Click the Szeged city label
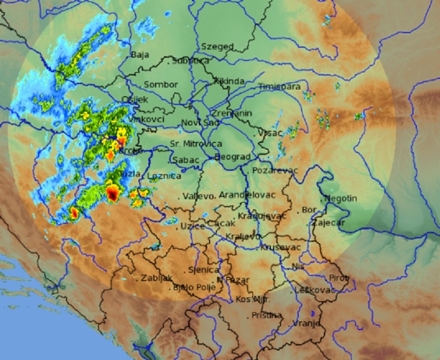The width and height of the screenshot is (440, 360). point(217,47)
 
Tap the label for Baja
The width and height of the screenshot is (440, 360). point(140,54)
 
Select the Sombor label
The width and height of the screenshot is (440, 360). point(160,84)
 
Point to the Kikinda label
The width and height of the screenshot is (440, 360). point(229,81)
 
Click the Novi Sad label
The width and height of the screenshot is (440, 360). point(200,122)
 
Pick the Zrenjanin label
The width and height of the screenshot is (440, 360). point(231,113)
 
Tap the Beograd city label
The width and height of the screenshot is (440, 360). point(232,156)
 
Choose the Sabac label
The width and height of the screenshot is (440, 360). point(186,160)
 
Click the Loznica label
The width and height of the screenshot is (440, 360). point(165,176)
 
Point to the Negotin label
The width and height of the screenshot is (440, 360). point(341,198)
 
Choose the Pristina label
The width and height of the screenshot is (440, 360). point(267,315)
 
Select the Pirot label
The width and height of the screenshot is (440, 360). point(340,278)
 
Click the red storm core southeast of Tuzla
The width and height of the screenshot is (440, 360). point(112,194)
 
